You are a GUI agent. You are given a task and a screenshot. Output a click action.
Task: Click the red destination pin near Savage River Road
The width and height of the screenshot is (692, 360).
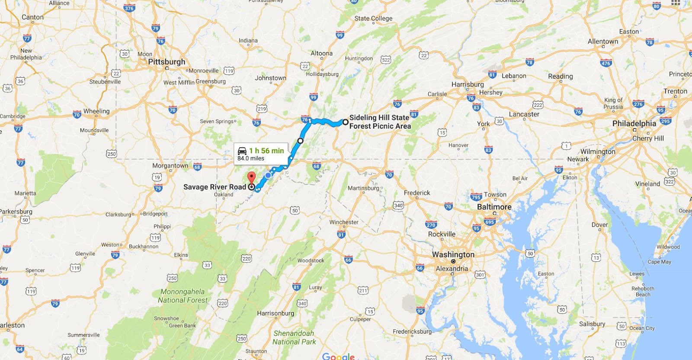click(x=251, y=177)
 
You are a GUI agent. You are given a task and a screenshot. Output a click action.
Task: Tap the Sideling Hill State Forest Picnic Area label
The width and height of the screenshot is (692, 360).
click(x=380, y=122)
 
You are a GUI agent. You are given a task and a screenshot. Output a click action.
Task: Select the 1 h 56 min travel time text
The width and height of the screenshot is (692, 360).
click(x=266, y=151)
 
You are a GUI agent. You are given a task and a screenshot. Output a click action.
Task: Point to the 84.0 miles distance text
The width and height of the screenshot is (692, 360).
click(x=251, y=158)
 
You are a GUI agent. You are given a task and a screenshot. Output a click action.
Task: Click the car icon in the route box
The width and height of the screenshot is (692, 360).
click(x=242, y=151)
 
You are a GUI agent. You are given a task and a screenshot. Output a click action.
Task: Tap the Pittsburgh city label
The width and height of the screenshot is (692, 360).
click(x=167, y=62)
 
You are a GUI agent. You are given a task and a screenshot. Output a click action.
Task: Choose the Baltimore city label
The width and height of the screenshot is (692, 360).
click(x=494, y=207)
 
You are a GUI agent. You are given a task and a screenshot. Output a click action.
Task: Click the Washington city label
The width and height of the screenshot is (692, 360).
click(x=453, y=254)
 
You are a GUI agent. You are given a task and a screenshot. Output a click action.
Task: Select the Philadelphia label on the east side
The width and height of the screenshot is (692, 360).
click(x=634, y=123)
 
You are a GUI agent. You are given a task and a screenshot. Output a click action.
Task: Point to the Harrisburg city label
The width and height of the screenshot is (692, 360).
click(x=468, y=84)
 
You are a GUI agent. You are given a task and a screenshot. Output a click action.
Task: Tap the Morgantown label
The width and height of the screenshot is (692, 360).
click(x=170, y=166)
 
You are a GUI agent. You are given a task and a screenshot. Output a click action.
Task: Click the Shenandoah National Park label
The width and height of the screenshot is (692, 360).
click(x=294, y=337)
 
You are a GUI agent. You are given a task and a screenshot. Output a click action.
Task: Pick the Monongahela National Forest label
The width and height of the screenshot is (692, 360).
click(x=183, y=296)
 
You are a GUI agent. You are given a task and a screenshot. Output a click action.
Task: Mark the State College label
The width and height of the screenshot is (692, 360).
click(x=373, y=18)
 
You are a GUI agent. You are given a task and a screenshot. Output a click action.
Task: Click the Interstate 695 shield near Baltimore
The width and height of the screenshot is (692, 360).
click(x=489, y=222)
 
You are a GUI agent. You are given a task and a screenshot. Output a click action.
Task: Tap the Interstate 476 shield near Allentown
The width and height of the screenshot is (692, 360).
click(x=605, y=63)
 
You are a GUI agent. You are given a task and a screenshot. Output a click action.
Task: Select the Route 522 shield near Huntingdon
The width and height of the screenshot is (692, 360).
click(x=386, y=60)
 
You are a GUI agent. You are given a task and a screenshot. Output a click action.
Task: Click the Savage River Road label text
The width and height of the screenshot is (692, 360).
click(x=215, y=187)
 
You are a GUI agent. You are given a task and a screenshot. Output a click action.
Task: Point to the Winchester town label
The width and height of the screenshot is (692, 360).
click(x=344, y=222)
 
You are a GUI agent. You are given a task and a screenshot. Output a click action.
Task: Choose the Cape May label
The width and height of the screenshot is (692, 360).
click(x=659, y=262)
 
